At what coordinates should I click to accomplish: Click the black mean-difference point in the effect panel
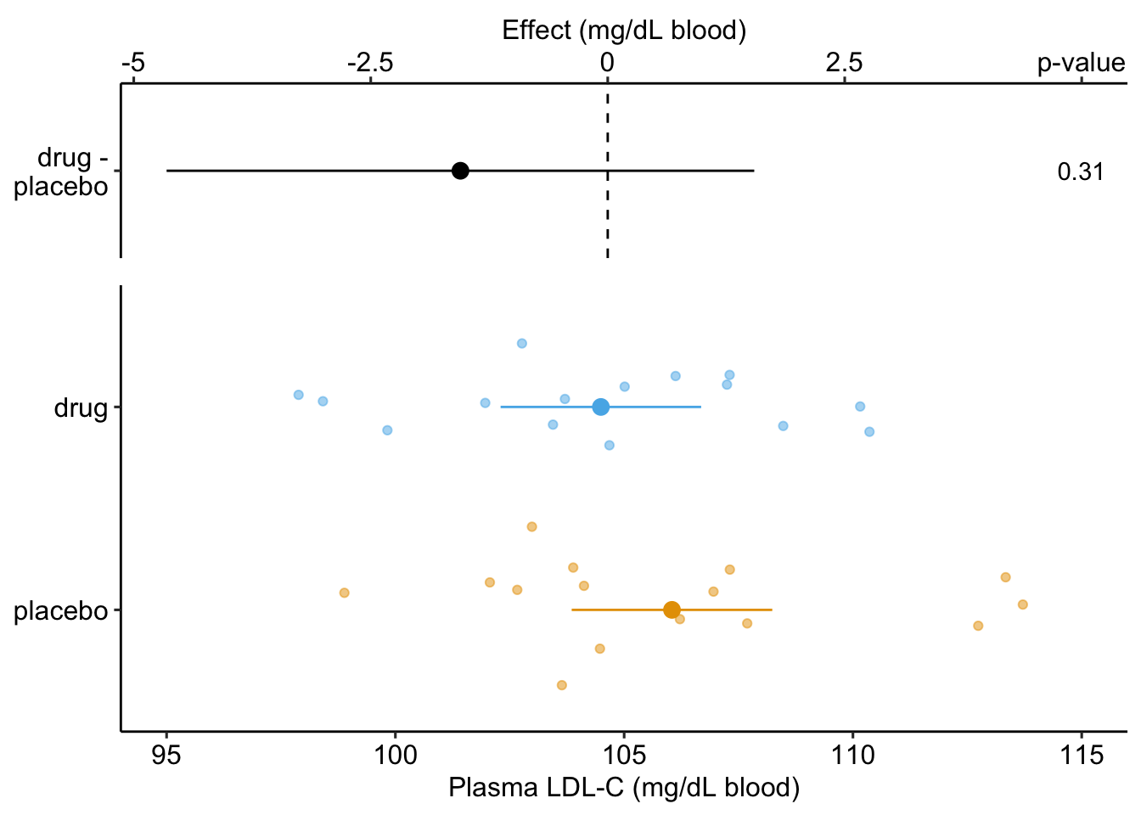coord(460,171)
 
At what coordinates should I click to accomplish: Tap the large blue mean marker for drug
coord(601,407)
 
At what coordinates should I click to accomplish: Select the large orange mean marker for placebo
coord(672,610)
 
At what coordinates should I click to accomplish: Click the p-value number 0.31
coord(1081,172)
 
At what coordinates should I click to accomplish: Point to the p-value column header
coord(1081,63)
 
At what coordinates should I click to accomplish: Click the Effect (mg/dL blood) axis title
coord(624,31)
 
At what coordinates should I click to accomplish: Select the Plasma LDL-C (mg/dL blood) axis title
coord(624,788)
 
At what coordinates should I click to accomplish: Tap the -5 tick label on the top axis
coord(132,63)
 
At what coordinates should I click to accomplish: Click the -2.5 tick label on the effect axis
coord(370,63)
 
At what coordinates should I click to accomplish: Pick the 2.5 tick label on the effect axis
coord(845,63)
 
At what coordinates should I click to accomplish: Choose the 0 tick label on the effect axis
coord(607,63)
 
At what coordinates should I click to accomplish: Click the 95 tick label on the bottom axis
coord(166,754)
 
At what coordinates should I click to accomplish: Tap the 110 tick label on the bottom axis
coord(852,754)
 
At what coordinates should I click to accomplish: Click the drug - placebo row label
coord(62,172)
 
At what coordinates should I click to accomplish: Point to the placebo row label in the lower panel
coord(61,610)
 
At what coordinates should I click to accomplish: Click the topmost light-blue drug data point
coord(522,343)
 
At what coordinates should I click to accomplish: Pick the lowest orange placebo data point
coord(561,685)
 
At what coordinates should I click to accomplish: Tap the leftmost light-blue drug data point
coord(298,395)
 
